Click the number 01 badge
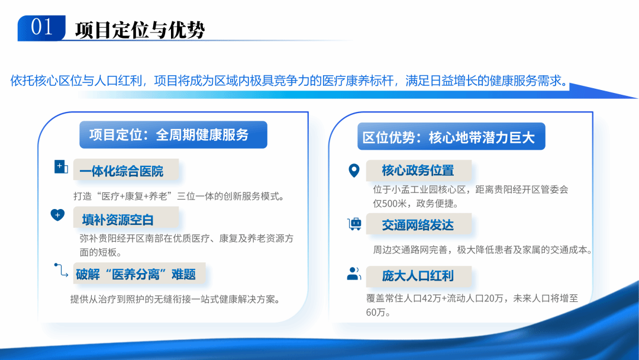[41, 28]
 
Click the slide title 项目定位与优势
[140, 30]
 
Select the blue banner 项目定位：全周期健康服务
[173, 134]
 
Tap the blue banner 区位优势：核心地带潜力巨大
[448, 137]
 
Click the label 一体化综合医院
[121, 172]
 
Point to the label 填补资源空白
[118, 220]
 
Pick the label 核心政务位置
[418, 171]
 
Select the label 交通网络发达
[418, 225]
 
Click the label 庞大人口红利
[418, 276]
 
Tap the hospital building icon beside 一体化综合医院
[61, 167]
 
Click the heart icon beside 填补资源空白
[58, 215]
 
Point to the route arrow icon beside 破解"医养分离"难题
[60, 270]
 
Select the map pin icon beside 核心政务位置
[354, 171]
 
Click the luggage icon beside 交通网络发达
[354, 224]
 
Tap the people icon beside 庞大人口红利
[354, 274]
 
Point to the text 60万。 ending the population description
[379, 313]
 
